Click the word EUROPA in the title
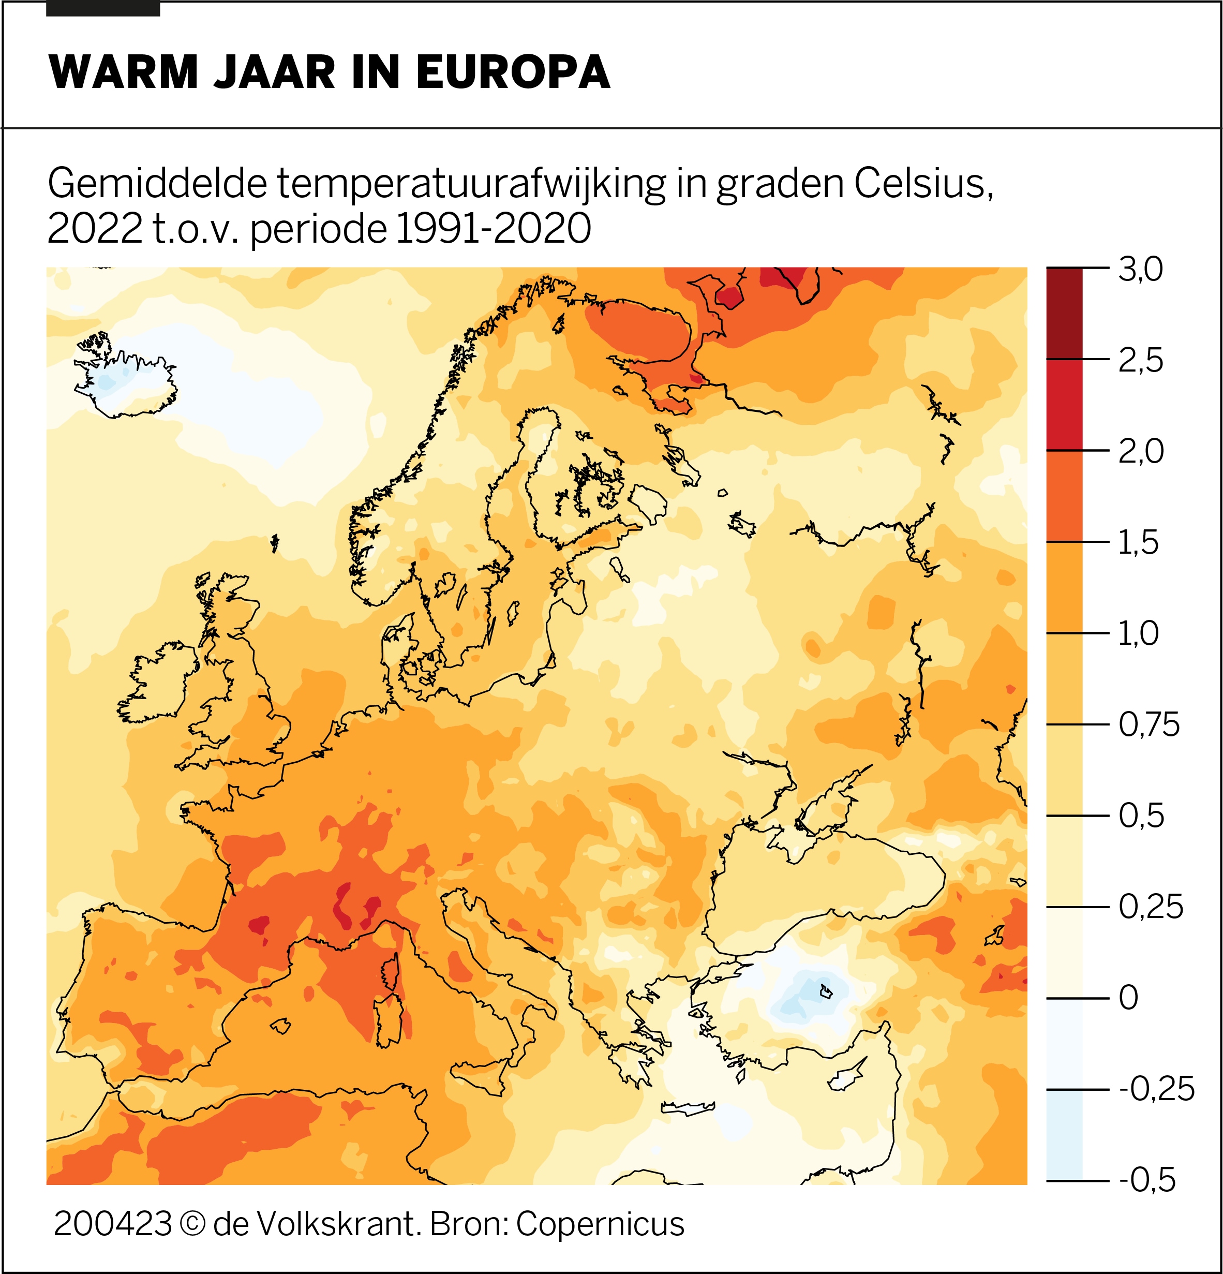coord(513,71)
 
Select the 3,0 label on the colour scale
coord(1140,269)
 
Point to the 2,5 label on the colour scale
coord(1140,360)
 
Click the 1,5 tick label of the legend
coord(1138,542)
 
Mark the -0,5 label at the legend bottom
coord(1147,1180)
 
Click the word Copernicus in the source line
coord(600,1224)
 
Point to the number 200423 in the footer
coord(112,1224)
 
